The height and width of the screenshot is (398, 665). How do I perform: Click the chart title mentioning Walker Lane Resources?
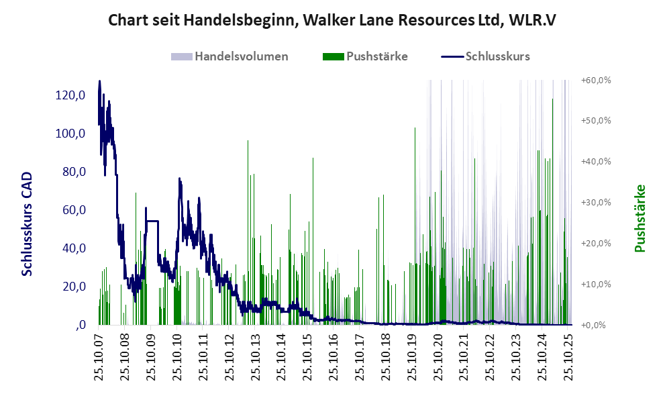tap(332, 21)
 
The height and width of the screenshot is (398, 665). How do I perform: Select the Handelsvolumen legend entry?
tap(230, 56)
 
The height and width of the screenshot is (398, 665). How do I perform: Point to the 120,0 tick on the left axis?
tap(70, 95)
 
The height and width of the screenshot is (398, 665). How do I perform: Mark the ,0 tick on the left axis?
tap(80, 325)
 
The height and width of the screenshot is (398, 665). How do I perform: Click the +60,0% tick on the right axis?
tap(596, 80)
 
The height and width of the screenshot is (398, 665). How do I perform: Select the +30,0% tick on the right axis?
tap(596, 202)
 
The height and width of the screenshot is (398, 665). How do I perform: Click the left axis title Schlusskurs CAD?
tap(28, 223)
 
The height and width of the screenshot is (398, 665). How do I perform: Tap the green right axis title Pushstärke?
tap(640, 219)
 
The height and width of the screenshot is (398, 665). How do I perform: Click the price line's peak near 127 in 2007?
tap(100, 82)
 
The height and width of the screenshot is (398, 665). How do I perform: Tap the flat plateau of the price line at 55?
tap(152, 220)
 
